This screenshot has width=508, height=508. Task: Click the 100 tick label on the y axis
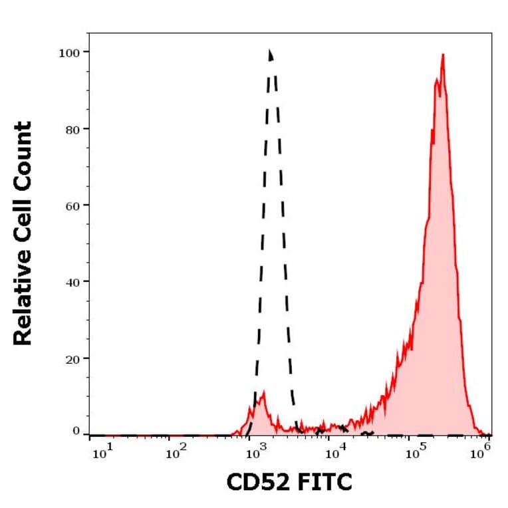click(68, 52)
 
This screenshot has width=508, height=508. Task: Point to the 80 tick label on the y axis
click(71, 128)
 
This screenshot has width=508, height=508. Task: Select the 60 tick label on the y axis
click(71, 205)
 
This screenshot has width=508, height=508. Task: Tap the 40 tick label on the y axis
click(71, 282)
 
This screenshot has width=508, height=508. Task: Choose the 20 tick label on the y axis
click(71, 358)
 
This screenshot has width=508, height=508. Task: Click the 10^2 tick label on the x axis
click(175, 454)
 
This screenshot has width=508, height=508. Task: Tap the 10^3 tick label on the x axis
click(254, 454)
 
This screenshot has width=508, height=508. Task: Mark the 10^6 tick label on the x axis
click(479, 454)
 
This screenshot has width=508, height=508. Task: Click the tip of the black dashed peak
click(270, 50)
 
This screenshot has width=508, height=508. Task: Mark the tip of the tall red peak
click(442, 55)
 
